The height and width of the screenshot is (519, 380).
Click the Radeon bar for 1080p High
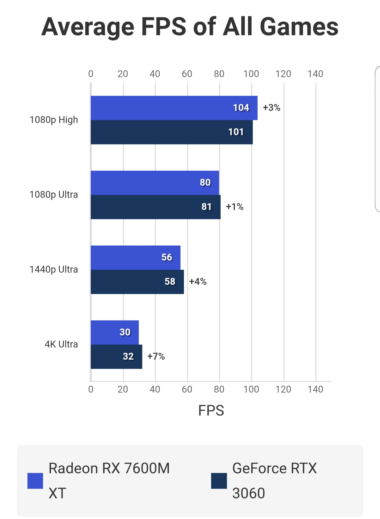pos(174,108)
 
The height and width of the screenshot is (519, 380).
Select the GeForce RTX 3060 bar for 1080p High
pos(172,132)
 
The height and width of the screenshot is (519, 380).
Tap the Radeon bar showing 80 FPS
pos(155,183)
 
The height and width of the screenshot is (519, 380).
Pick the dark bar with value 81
pos(155,207)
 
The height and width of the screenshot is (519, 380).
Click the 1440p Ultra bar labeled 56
pos(135,258)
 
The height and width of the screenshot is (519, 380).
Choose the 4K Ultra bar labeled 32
pos(116,357)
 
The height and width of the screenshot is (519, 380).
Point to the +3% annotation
pos(272,108)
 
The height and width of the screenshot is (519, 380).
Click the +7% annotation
pos(156,356)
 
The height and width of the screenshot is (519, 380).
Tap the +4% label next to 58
pos(198,282)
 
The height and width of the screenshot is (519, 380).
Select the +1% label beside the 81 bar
pos(235,207)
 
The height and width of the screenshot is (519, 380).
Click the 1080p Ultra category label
pos(54,195)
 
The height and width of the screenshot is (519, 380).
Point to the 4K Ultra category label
pos(61,344)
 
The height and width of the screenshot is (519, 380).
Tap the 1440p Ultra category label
pos(54,269)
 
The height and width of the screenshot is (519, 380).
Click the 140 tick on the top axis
pos(315,74)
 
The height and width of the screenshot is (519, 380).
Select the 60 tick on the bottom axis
pos(187,389)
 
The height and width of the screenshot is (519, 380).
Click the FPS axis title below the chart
pos(211,410)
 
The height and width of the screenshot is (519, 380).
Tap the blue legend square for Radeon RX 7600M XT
pos(35,481)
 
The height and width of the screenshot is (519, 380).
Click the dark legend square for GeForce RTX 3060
pos(219,481)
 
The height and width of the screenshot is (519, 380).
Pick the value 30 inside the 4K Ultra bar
pos(125,332)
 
